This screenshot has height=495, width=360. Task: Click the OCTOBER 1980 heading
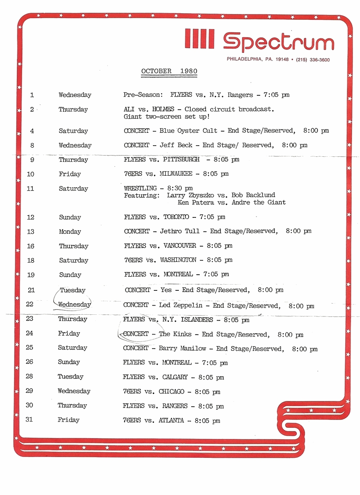coord(169,71)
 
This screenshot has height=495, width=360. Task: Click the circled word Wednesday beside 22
coord(74,305)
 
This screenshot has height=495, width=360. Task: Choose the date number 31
coord(29,420)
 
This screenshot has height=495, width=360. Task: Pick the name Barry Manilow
coord(182,349)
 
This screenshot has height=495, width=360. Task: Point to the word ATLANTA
coord(171,421)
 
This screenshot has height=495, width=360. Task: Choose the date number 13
coord(31,231)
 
